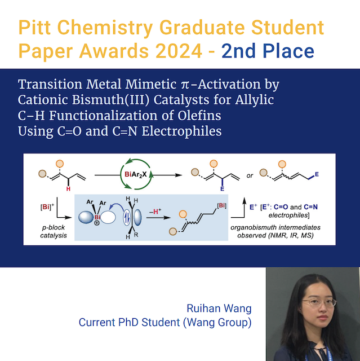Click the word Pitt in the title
click(x=37, y=27)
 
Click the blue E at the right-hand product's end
click(x=317, y=174)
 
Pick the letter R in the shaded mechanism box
click(x=138, y=236)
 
